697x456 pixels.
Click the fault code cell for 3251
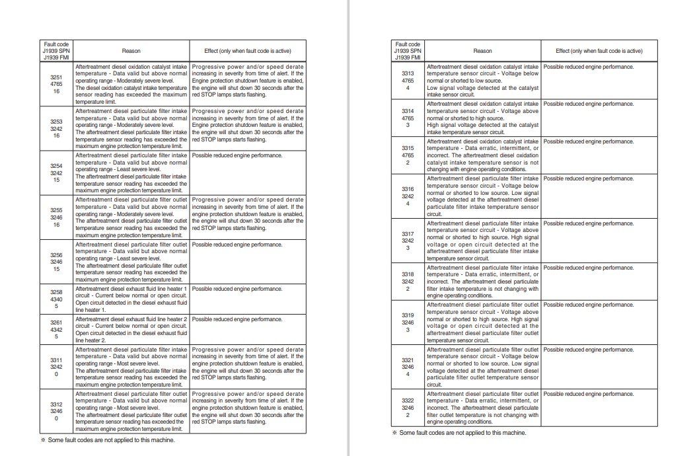(56, 85)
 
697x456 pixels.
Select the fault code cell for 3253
(56, 129)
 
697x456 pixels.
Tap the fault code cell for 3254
(56, 173)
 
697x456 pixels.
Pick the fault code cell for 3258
(56, 299)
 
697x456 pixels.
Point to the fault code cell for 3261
(56, 329)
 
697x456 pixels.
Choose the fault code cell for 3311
(56, 366)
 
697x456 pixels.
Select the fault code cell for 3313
(408, 81)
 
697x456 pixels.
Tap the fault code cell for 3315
(408, 155)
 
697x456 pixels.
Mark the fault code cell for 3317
(408, 241)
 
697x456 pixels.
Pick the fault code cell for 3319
(408, 322)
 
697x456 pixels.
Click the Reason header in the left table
(131, 51)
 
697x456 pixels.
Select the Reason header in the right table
(482, 51)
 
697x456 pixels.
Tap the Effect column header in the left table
(248, 51)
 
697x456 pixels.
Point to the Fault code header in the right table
(408, 51)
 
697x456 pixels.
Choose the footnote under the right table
(459, 433)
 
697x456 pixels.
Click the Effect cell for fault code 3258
(248, 299)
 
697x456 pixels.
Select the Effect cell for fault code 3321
(599, 367)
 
